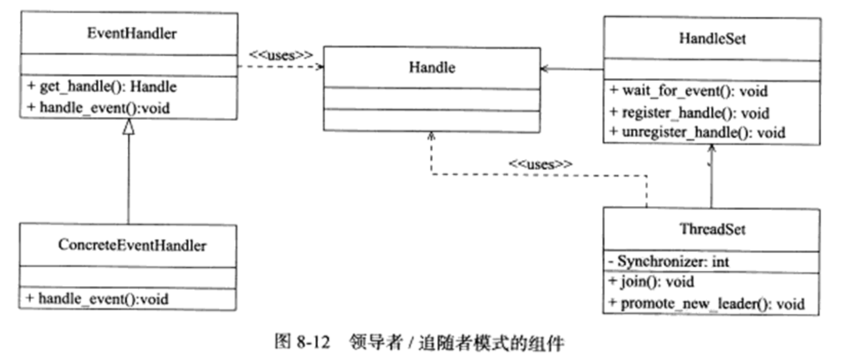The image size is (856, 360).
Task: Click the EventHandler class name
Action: coord(132,33)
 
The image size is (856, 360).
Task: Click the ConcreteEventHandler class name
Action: coord(132,245)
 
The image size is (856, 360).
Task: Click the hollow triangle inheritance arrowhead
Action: coord(129,127)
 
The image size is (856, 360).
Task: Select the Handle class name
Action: coord(432,68)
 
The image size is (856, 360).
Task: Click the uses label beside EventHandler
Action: coord(281,56)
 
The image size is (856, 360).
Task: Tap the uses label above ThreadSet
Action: coord(540,165)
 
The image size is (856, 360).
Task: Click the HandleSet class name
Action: coord(712,39)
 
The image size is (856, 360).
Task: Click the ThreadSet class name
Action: coord(712,230)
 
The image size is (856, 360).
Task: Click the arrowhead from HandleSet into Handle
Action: coord(545,69)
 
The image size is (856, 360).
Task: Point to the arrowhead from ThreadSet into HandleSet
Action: coord(711,148)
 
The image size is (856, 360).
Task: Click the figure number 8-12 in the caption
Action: coord(313,342)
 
